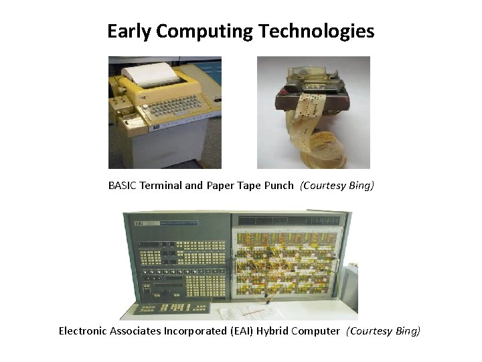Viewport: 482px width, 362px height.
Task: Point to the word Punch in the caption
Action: [278, 186]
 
